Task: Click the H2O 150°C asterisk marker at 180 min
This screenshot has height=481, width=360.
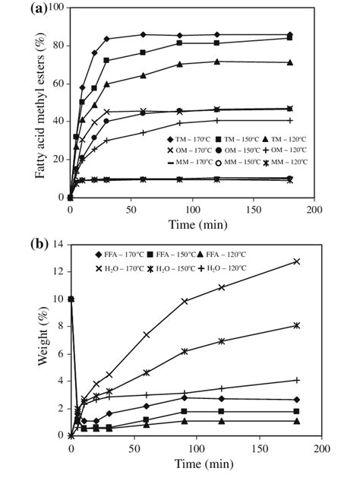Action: pos(296,325)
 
